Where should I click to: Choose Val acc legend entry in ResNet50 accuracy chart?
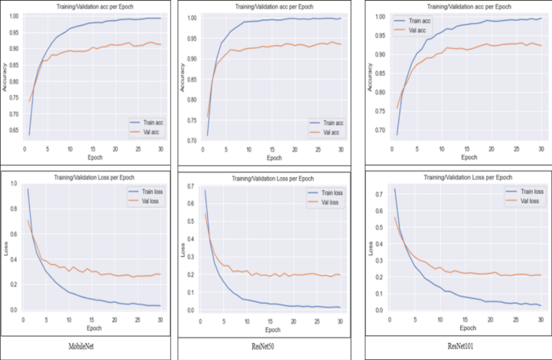click(327, 131)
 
